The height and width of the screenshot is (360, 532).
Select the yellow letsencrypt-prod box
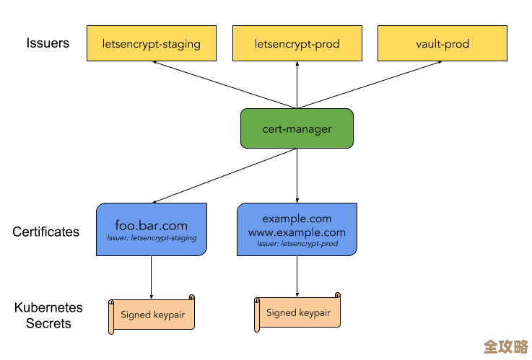pyautogui.click(x=297, y=44)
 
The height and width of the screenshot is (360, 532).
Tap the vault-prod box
pyautogui.click(x=442, y=44)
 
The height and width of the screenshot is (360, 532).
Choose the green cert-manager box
pyautogui.click(x=297, y=129)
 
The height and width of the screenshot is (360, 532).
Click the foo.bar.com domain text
pyautogui.click(x=152, y=225)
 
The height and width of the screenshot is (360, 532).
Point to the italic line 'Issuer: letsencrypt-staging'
pyautogui.click(x=152, y=238)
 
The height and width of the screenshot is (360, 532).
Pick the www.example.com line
pyautogui.click(x=297, y=232)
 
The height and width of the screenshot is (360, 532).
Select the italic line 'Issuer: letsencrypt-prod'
pyautogui.click(x=297, y=244)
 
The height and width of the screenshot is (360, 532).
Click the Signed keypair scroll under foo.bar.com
pyautogui.click(x=152, y=315)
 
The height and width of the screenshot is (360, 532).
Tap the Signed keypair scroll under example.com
pyautogui.click(x=297, y=312)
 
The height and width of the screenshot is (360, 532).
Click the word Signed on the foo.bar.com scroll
pyautogui.click(x=135, y=315)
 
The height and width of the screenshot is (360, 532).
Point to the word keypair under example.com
pyautogui.click(x=315, y=313)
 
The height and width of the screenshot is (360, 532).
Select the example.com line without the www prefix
pyautogui.click(x=297, y=219)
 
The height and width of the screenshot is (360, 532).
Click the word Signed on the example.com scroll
pyautogui.click(x=281, y=312)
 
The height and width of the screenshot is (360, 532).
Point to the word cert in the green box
pyautogui.click(x=273, y=129)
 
